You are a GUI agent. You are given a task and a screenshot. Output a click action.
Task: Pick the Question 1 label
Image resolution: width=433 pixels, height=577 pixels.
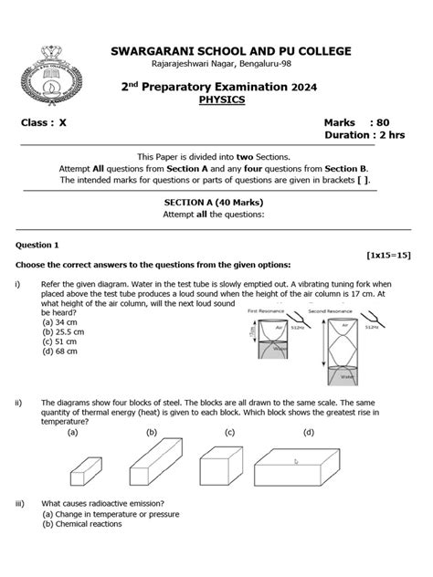(37, 245)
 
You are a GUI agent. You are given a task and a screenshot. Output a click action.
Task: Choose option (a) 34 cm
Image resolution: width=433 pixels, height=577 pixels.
(60, 321)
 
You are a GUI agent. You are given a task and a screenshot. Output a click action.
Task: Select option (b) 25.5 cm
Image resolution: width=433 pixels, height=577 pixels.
(63, 332)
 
